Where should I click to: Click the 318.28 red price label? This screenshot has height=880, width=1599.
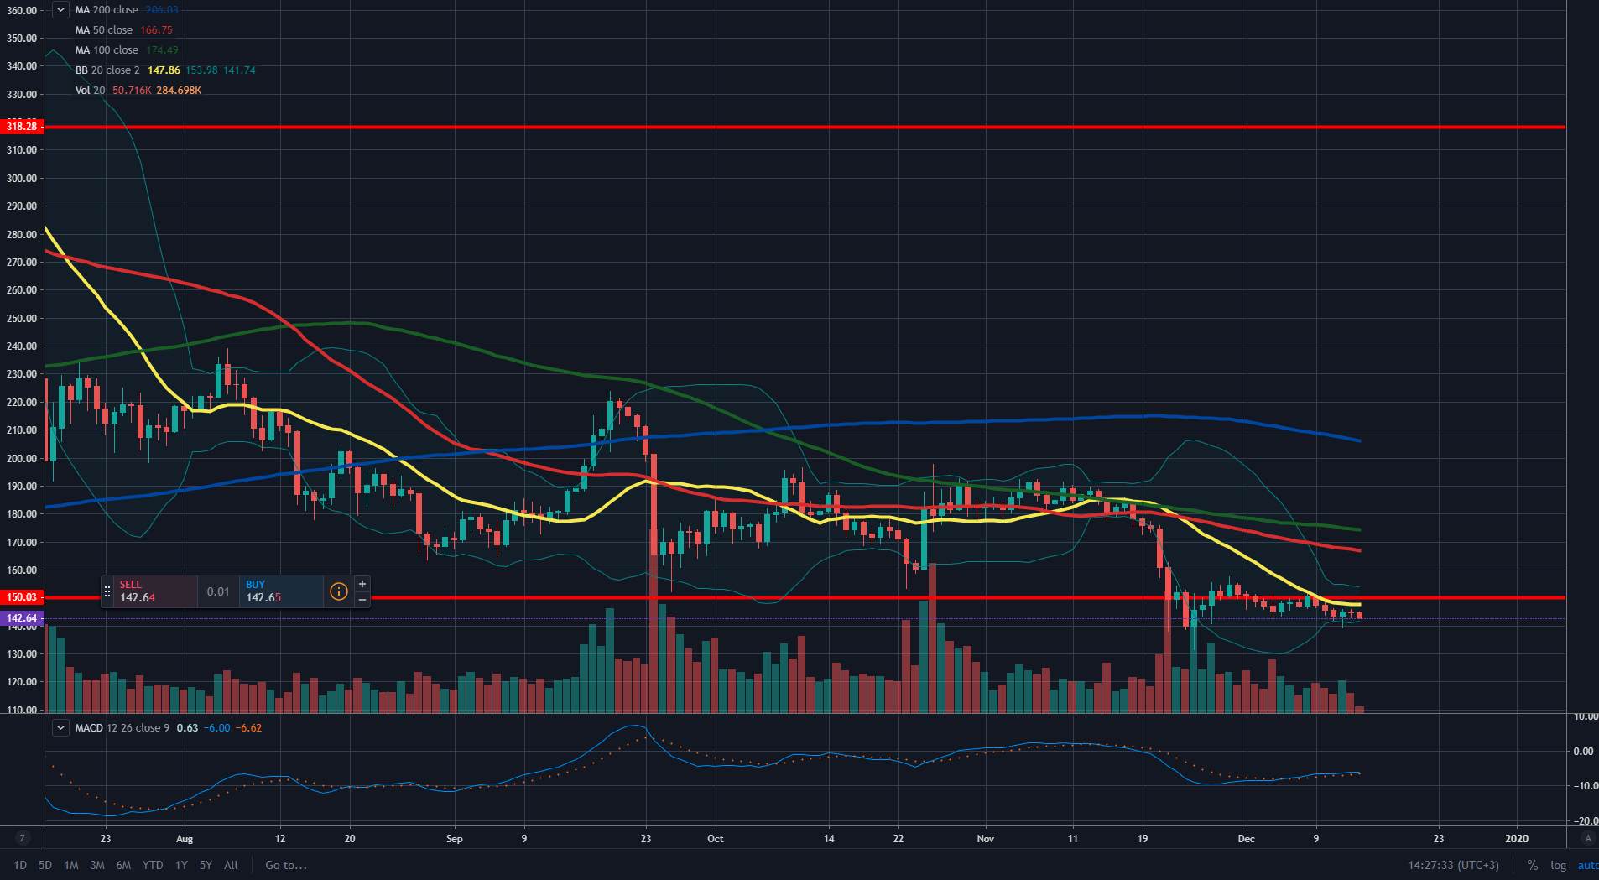point(22,127)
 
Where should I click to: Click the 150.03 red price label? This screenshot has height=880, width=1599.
point(22,597)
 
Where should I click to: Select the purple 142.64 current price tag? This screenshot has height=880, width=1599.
point(22,618)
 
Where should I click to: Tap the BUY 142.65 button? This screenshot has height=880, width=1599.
point(281,591)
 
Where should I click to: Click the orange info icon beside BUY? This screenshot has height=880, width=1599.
point(339,591)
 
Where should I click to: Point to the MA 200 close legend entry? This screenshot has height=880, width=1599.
point(107,10)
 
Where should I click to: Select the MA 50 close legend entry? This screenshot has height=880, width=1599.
point(104,30)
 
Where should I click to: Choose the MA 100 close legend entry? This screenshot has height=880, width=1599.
point(107,50)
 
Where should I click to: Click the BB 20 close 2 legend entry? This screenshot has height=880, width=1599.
point(107,70)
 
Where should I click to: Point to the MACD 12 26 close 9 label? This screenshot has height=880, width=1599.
point(122,728)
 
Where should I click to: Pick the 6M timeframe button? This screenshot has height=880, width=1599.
point(123,865)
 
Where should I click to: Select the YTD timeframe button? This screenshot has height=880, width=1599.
point(153,865)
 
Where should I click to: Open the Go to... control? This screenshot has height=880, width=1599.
point(286,865)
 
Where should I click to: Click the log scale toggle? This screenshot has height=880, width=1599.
point(1558,865)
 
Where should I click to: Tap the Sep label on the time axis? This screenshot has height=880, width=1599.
point(454,838)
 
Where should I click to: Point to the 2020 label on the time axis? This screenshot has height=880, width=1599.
point(1516,838)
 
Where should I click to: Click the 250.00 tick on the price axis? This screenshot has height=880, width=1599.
point(22,318)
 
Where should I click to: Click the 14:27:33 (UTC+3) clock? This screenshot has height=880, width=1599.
point(1453,865)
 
